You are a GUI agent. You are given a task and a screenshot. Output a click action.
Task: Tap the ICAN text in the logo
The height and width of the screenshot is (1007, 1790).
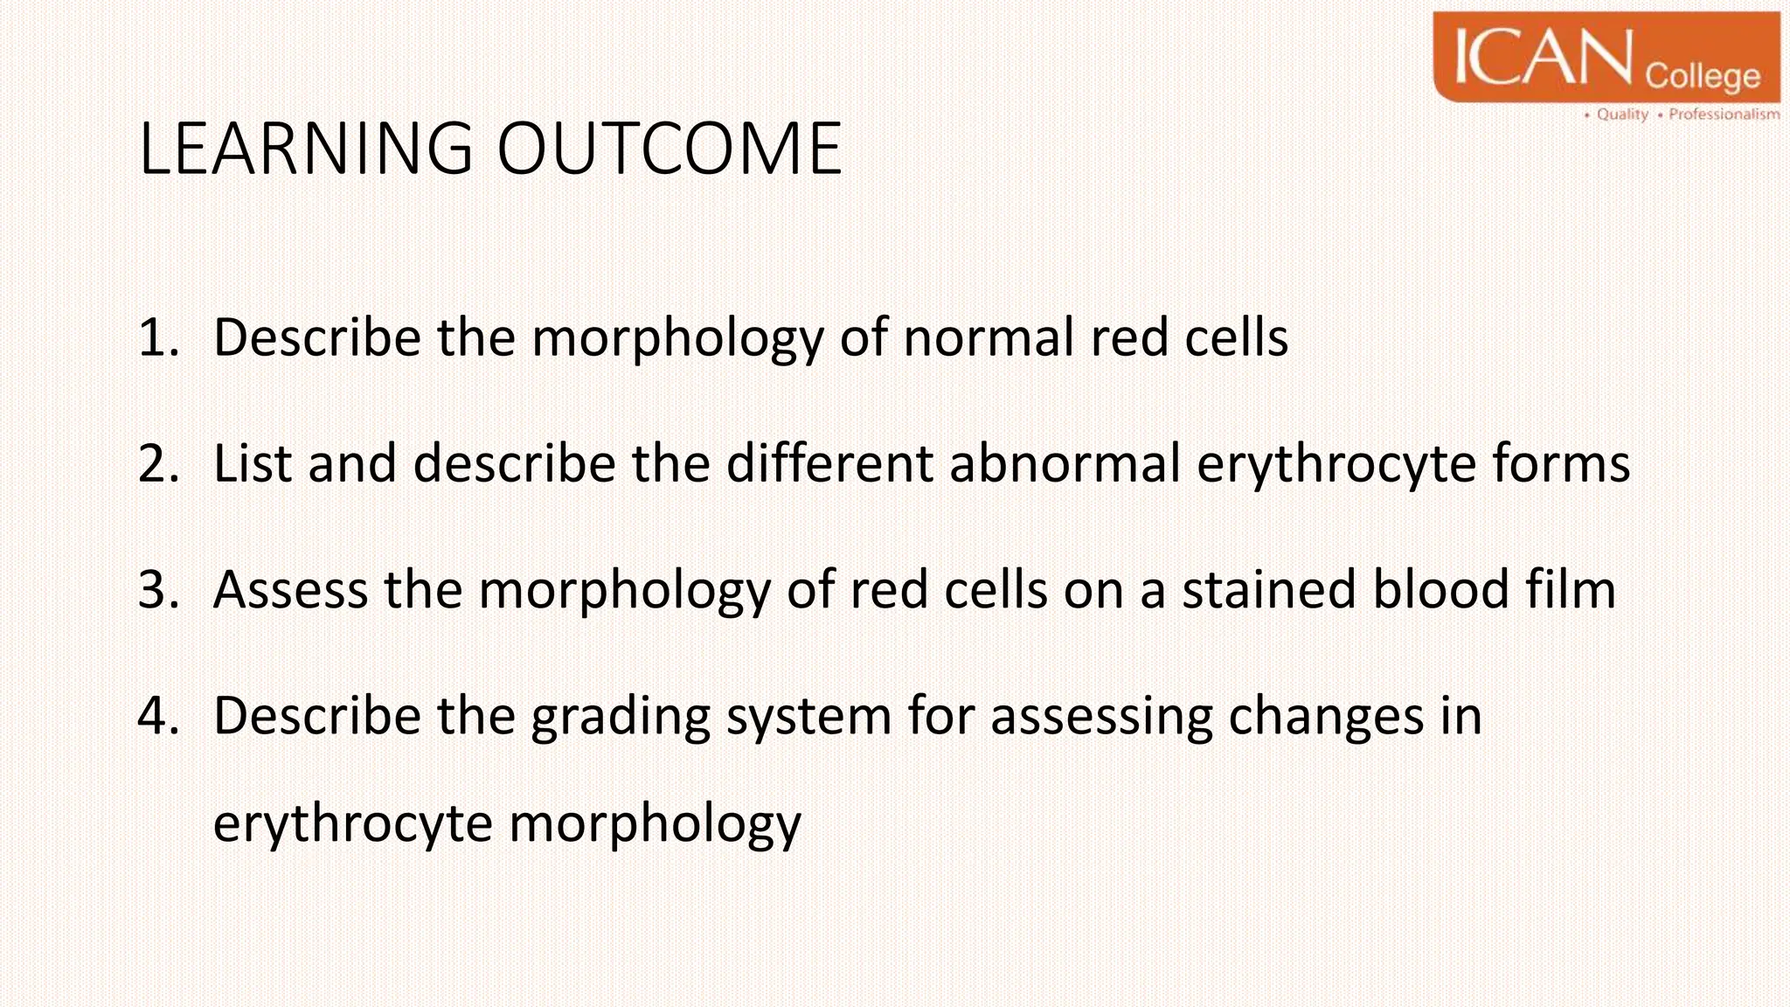click(x=1544, y=58)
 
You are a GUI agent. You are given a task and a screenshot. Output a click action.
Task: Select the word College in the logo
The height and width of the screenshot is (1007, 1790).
click(x=1703, y=77)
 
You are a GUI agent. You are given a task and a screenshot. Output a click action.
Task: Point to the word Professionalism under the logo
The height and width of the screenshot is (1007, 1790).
click(x=1724, y=115)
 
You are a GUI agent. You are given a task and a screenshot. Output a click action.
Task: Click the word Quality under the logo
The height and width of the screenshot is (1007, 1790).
click(x=1622, y=115)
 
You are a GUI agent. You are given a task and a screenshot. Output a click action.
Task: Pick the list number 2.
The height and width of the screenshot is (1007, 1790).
click(x=157, y=464)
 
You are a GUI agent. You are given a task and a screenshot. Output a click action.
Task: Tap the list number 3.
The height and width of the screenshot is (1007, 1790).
click(x=157, y=590)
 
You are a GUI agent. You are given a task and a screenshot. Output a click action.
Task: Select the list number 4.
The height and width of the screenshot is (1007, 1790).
click(x=157, y=716)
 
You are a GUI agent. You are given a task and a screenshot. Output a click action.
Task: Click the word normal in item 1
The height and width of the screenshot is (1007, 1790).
click(x=989, y=338)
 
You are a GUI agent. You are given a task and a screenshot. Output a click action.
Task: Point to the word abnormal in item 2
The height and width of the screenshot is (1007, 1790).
click(x=1065, y=464)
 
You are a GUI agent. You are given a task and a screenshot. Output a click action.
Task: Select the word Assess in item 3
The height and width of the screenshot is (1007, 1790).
click(x=290, y=590)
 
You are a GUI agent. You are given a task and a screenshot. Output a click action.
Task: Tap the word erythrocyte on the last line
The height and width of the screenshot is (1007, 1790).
click(x=352, y=825)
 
